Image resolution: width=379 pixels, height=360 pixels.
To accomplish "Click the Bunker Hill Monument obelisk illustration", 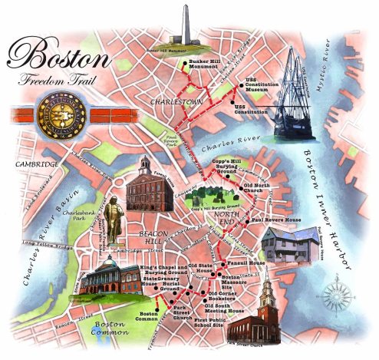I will tap(184, 27).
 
